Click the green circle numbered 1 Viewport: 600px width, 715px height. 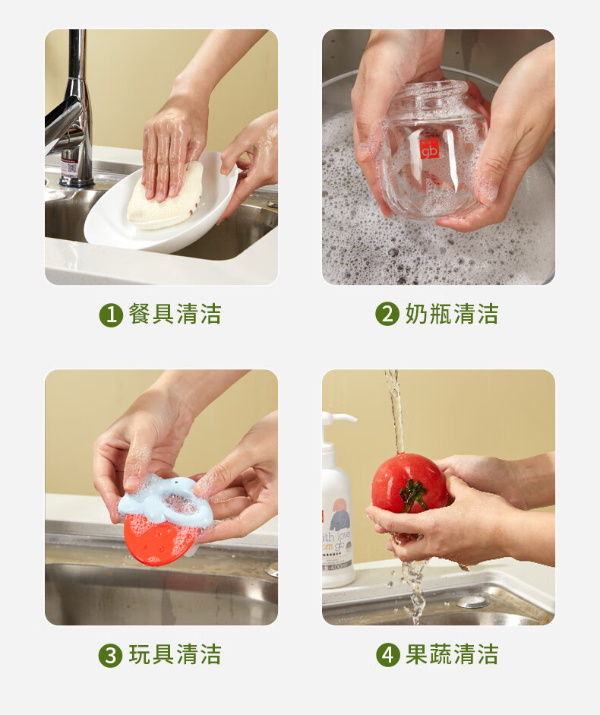(111, 315)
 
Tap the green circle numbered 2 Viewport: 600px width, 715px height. (387, 314)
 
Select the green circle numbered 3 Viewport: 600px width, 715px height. (110, 656)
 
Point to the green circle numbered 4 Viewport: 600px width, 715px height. (388, 655)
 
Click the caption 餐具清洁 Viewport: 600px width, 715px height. (175, 314)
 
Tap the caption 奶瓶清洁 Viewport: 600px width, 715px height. (452, 314)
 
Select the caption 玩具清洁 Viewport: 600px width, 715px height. (175, 655)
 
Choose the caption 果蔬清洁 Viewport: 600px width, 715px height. (452, 654)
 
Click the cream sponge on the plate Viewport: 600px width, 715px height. (165, 197)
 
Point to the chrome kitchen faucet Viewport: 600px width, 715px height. (73, 114)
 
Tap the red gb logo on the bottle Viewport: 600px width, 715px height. (429, 147)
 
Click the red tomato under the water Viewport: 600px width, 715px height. (409, 483)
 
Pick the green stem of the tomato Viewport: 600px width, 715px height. (412, 495)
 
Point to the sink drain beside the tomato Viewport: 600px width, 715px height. (472, 602)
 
